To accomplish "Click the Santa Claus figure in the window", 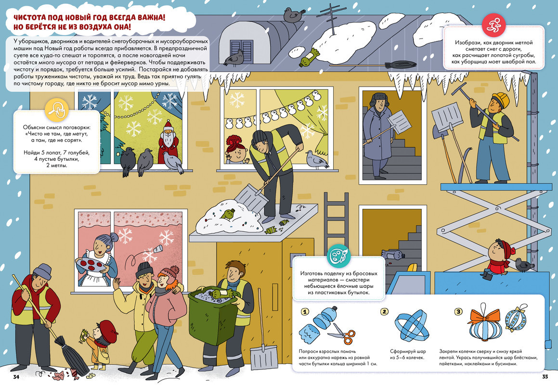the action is click(x=168, y=141).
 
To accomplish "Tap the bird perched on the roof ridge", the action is click(x=294, y=15).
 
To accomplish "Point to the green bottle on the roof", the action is click(x=309, y=57).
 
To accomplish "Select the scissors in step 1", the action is click(x=342, y=334).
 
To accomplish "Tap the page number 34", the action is click(x=16, y=377).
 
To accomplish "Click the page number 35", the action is click(x=545, y=377).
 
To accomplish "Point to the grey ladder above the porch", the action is click(x=331, y=222).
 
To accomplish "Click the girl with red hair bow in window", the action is click(x=236, y=150).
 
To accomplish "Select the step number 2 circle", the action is click(x=384, y=312).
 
